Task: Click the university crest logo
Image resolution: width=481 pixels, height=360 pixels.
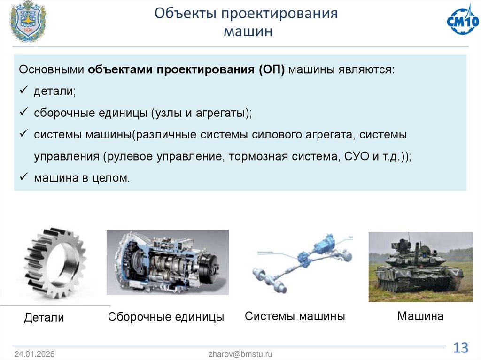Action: (28, 22)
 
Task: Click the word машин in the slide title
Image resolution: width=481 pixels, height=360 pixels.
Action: (247, 32)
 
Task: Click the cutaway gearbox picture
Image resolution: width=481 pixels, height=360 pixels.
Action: (167, 262)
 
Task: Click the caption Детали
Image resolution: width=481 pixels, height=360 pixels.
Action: (44, 318)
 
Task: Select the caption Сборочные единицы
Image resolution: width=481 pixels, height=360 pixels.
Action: (166, 317)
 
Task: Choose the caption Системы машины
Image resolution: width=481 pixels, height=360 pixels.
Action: (295, 316)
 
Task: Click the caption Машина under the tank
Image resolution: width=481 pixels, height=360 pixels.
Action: (420, 316)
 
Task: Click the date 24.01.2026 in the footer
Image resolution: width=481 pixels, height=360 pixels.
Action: (34, 354)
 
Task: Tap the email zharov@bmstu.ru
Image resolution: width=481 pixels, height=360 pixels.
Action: (240, 354)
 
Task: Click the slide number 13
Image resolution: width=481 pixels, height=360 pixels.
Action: (460, 348)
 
